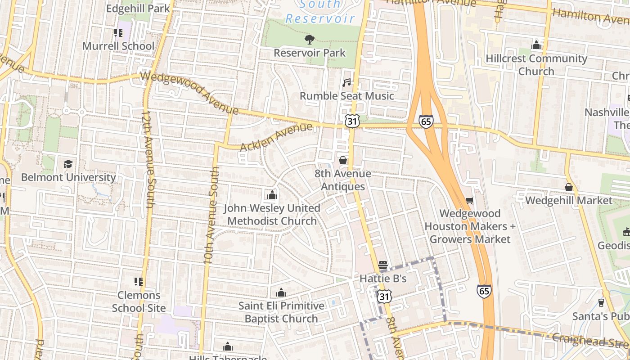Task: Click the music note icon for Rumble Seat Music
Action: click(346, 83)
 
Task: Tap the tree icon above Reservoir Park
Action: click(310, 40)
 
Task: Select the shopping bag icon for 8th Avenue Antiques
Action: click(343, 160)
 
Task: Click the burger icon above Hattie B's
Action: click(383, 265)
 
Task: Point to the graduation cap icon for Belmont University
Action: click(68, 164)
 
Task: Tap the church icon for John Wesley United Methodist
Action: click(272, 195)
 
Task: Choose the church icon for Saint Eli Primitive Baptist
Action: click(281, 292)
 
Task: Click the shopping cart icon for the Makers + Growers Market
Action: click(470, 200)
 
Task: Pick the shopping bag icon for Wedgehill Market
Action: click(569, 187)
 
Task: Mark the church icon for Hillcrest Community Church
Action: click(536, 45)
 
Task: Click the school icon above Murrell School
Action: click(118, 33)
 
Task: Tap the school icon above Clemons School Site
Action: click(139, 282)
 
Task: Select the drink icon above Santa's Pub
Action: click(601, 302)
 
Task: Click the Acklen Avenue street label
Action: click(276, 137)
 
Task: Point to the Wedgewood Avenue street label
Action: click(189, 92)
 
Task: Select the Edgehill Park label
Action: click(138, 8)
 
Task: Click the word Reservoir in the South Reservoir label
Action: click(320, 19)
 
